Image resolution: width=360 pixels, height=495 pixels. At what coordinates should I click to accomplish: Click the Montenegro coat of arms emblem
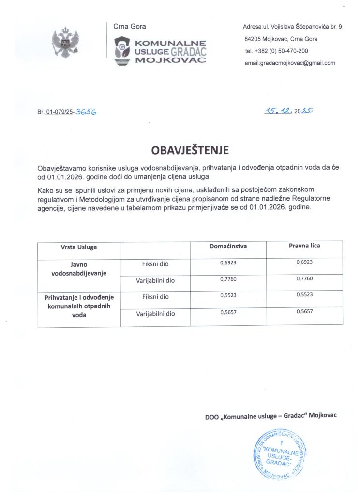[x=65, y=43]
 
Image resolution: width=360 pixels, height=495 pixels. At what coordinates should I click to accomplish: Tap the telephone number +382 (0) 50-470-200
[x=277, y=51]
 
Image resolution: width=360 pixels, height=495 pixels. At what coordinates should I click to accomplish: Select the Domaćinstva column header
[x=228, y=246]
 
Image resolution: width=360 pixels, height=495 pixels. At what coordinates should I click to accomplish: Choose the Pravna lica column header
[x=304, y=246]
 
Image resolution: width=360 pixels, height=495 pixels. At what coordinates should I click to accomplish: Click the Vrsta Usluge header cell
[x=79, y=247]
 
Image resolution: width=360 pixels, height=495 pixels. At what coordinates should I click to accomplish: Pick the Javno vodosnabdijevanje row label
[x=79, y=269]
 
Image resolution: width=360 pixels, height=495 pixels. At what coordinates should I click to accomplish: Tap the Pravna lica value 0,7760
[x=304, y=278]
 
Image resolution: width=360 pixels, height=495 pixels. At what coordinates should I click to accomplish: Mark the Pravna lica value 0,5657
[x=304, y=311]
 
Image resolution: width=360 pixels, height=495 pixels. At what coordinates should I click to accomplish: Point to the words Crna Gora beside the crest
[x=130, y=27]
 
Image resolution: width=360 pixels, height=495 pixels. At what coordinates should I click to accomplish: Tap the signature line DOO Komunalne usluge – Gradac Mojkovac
[x=270, y=415]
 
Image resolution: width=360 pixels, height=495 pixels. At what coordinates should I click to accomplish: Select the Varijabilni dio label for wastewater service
[x=155, y=314]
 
